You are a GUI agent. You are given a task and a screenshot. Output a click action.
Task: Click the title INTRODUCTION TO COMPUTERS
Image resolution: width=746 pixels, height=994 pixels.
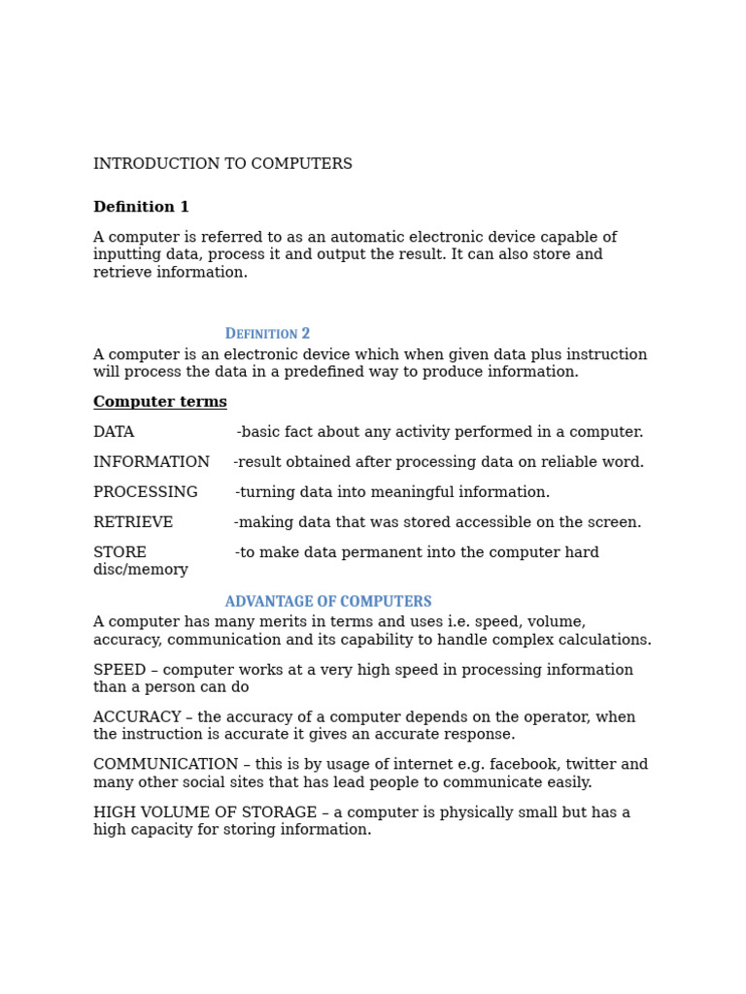[222, 165]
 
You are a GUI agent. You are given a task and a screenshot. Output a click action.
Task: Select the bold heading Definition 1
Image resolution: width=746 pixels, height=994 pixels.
[141, 208]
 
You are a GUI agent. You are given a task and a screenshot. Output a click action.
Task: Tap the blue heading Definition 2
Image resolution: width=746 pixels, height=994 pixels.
[267, 334]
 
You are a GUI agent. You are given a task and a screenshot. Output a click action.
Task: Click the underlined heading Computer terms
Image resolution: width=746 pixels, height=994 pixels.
[160, 403]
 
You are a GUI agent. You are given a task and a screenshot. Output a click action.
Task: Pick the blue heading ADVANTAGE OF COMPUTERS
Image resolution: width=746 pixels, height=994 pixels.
[328, 602]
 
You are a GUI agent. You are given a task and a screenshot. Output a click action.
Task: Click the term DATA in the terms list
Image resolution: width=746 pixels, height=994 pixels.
[114, 433]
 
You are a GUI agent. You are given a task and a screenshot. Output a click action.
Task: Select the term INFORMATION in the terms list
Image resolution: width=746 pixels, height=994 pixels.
[152, 463]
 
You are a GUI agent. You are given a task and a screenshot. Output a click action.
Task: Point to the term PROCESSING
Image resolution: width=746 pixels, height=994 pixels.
[146, 493]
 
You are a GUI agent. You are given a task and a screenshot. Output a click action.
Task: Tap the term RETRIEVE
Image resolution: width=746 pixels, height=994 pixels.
[133, 523]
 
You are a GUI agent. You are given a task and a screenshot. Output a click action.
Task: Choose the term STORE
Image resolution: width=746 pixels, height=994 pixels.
[119, 553]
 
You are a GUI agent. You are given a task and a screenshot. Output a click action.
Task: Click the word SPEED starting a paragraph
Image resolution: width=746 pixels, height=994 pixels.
[119, 671]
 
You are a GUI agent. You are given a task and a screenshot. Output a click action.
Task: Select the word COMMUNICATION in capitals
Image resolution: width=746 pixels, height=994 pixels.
[165, 766]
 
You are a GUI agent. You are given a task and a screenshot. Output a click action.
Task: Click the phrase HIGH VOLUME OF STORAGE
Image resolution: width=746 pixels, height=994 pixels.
[205, 813]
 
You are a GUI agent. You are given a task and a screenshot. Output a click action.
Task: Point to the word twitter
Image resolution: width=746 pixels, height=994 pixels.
[590, 766]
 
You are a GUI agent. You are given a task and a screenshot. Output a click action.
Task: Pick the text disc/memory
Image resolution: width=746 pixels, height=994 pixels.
[141, 571]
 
